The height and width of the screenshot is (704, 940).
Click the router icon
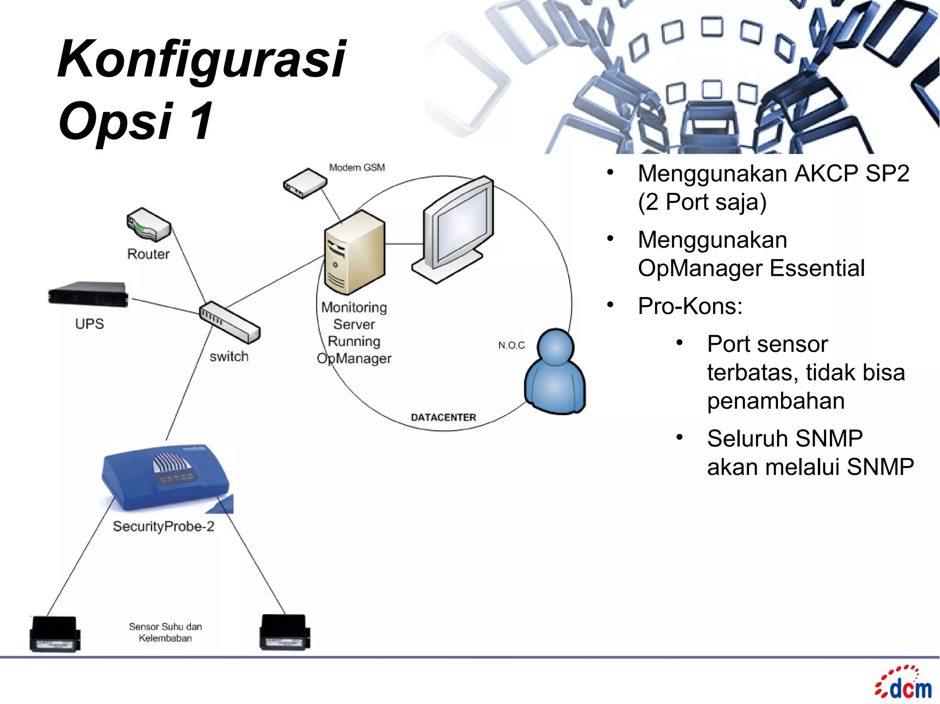pos(148,225)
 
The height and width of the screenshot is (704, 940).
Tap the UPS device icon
pos(88,294)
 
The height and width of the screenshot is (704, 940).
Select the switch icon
pos(229,322)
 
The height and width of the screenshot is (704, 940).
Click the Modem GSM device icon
pos(305,183)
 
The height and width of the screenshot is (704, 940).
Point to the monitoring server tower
pos(354,252)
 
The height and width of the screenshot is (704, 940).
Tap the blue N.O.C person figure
pos(555,372)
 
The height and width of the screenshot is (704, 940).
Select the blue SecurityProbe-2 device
pos(166,477)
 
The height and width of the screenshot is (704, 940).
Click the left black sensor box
pos(55,633)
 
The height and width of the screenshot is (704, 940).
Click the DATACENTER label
pos(443,417)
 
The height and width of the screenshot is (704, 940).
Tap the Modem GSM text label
pos(357,168)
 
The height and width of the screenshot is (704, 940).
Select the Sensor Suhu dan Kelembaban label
pos(165,632)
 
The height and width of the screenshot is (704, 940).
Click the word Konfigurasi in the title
pos(202,60)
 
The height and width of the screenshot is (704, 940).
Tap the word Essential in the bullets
pos(817,268)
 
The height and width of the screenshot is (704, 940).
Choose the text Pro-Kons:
pos(690,306)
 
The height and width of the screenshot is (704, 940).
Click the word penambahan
pos(776,401)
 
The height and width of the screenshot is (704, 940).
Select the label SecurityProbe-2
pos(163,526)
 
